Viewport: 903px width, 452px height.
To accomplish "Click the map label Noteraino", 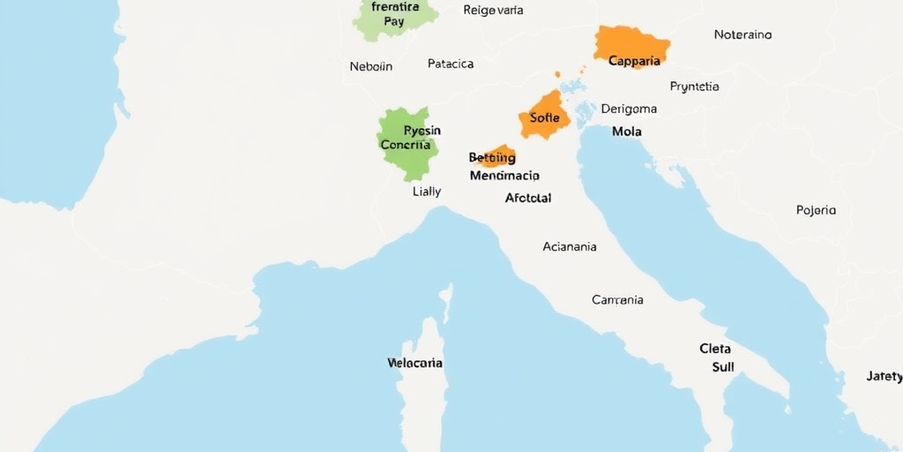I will pyautogui.click(x=743, y=34).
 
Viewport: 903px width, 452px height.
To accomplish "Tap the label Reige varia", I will pyautogui.click(x=493, y=11).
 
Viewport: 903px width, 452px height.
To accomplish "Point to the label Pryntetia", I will pyautogui.click(x=694, y=87).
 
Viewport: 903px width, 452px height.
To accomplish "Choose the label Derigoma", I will pyautogui.click(x=629, y=109).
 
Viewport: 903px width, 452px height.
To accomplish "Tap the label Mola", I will pyautogui.click(x=626, y=132).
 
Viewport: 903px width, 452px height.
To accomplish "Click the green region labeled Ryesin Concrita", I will pyautogui.click(x=407, y=141).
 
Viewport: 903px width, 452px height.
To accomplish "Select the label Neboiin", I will pyautogui.click(x=371, y=66).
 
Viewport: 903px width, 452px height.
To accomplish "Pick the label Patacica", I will pyautogui.click(x=451, y=64).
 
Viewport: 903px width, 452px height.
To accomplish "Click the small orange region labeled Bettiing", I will pyautogui.click(x=493, y=157).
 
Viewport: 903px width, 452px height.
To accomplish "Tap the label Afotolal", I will pyautogui.click(x=528, y=198).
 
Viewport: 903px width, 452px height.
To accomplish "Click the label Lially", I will pyautogui.click(x=427, y=191).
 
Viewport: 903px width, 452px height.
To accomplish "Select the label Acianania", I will pyautogui.click(x=569, y=246).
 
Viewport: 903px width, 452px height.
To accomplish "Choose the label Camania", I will pyautogui.click(x=617, y=299).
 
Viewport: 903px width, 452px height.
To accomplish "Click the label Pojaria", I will pyautogui.click(x=816, y=210).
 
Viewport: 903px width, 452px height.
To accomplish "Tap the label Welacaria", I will pyautogui.click(x=414, y=363).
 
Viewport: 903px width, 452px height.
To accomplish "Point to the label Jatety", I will pyautogui.click(x=884, y=376).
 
